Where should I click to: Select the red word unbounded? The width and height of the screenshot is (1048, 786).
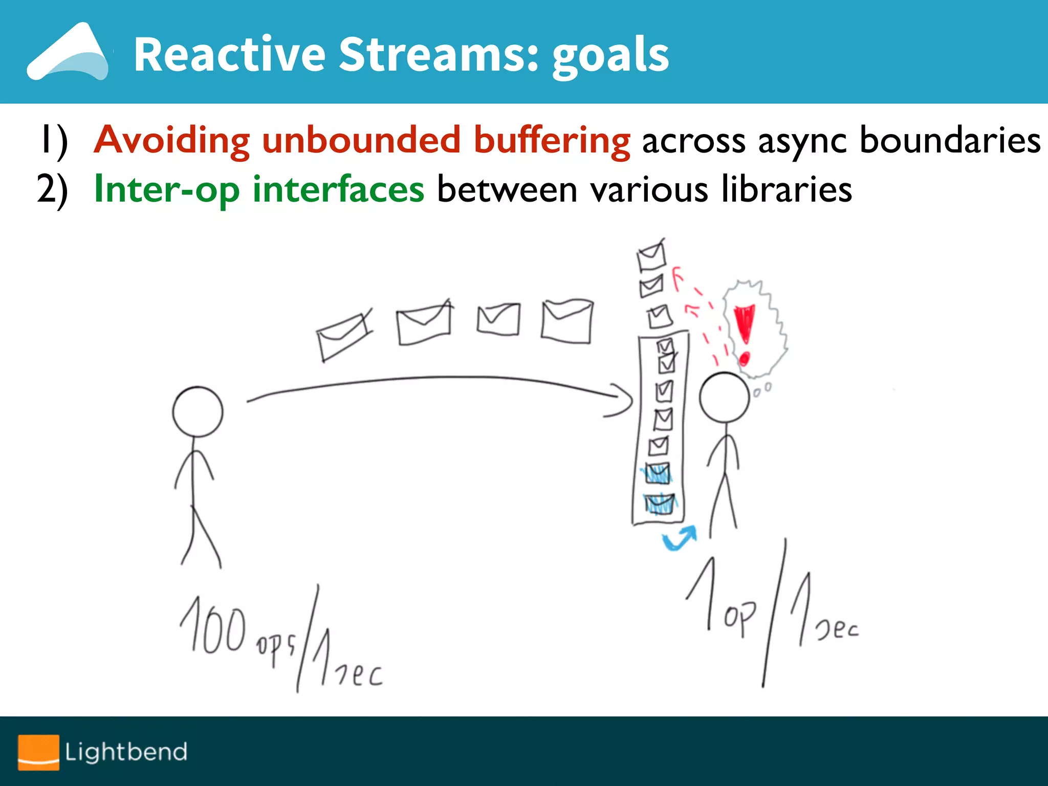click(361, 140)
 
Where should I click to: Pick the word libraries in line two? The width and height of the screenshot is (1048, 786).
click(787, 189)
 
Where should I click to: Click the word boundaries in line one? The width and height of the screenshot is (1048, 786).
click(950, 140)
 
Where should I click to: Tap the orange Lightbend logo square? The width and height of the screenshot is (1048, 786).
click(38, 752)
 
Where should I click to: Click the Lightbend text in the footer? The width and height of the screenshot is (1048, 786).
click(126, 752)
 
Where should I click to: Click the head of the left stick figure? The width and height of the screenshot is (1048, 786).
click(198, 412)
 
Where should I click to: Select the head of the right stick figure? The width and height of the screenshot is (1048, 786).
click(724, 398)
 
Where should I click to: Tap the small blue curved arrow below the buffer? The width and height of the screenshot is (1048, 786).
click(680, 538)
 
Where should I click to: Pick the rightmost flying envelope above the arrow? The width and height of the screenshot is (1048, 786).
click(567, 321)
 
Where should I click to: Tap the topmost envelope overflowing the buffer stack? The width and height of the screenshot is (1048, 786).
click(651, 255)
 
